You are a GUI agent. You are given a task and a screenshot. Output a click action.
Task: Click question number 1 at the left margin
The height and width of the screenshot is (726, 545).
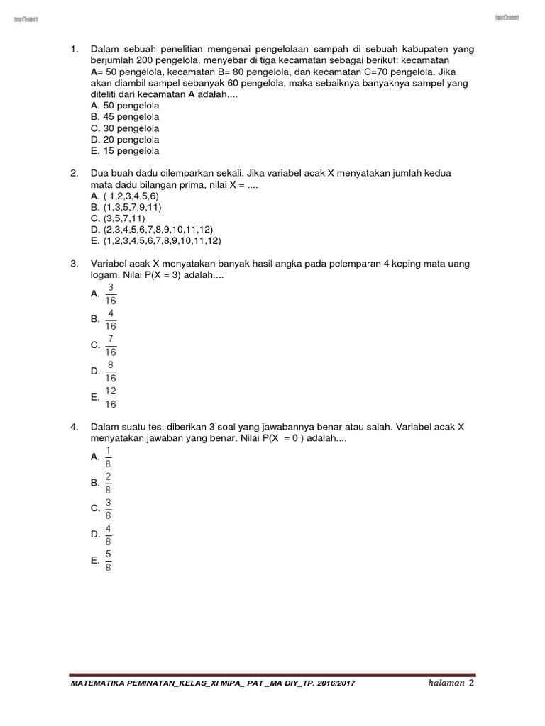pos(73,49)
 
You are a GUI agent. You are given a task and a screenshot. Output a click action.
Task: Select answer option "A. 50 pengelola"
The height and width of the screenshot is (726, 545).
pos(125,106)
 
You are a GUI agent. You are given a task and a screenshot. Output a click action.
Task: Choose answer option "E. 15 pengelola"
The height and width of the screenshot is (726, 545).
pos(125,151)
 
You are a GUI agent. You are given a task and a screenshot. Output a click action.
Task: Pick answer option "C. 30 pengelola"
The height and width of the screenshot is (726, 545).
pos(125,128)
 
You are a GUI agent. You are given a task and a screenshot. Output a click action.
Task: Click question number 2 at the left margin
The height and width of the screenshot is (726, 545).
pos(73,174)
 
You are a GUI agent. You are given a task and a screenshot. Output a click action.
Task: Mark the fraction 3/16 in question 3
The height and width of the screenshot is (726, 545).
pos(111,293)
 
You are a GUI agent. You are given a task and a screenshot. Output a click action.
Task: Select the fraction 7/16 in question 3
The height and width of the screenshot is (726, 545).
pos(111,345)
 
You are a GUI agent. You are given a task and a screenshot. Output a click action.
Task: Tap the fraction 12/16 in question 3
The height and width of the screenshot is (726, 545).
pos(111,398)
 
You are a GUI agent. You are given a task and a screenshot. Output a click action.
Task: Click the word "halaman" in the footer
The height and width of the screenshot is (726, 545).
pos(446,683)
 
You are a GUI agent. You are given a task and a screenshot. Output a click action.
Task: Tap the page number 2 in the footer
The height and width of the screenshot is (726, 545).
pos(471,682)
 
